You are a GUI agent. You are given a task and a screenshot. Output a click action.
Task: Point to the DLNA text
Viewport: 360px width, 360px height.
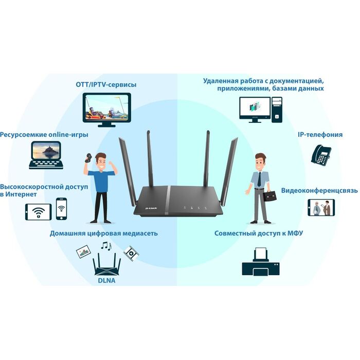[x=106, y=281]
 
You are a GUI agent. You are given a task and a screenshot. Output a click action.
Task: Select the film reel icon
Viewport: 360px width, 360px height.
[x=131, y=252]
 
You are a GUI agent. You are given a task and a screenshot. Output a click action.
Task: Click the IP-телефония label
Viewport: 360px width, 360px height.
[x=320, y=135]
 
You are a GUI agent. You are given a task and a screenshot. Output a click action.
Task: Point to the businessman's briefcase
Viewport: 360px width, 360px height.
[x=272, y=195]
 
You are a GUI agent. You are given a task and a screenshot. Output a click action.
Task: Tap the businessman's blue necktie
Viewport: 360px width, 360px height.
[x=260, y=178]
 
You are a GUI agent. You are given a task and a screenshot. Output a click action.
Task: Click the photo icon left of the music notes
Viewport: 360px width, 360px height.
[x=84, y=251]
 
